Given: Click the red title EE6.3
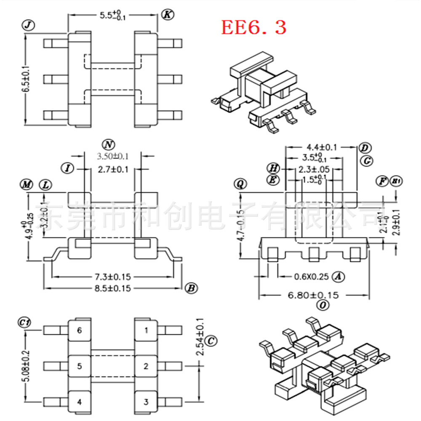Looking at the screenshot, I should click(254, 27).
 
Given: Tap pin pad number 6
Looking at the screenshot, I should click(79, 330).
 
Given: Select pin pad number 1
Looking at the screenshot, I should click(146, 330).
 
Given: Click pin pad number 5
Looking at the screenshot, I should click(79, 366).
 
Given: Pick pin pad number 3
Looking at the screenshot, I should click(146, 402).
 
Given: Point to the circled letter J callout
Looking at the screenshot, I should click(28, 26).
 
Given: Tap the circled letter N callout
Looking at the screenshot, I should click(109, 145).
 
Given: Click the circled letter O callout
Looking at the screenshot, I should click(322, 306).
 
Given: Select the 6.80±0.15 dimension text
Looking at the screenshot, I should click(313, 295).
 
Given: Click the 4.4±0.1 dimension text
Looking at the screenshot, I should click(322, 147).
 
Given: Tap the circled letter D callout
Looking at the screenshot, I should click(365, 148).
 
